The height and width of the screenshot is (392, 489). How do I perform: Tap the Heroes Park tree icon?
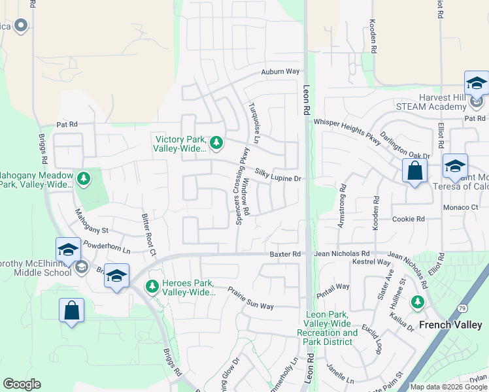click(x=152, y=286)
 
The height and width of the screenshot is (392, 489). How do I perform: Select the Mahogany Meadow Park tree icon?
click(x=83, y=178)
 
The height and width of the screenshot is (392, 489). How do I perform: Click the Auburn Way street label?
click(x=280, y=71)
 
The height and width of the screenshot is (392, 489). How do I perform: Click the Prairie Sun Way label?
click(x=250, y=297)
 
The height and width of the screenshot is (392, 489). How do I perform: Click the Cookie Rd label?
click(x=409, y=219)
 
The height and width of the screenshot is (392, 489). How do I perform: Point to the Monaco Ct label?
click(x=462, y=207)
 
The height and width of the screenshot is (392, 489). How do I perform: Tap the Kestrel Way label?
click(x=371, y=262)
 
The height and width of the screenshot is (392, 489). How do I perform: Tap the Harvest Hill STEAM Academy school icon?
click(x=477, y=84)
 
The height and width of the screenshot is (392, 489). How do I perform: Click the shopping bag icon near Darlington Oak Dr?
click(x=414, y=171)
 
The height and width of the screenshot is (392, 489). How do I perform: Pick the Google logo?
click(x=22, y=384)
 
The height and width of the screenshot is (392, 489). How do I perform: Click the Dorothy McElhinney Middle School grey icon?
click(x=81, y=267)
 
